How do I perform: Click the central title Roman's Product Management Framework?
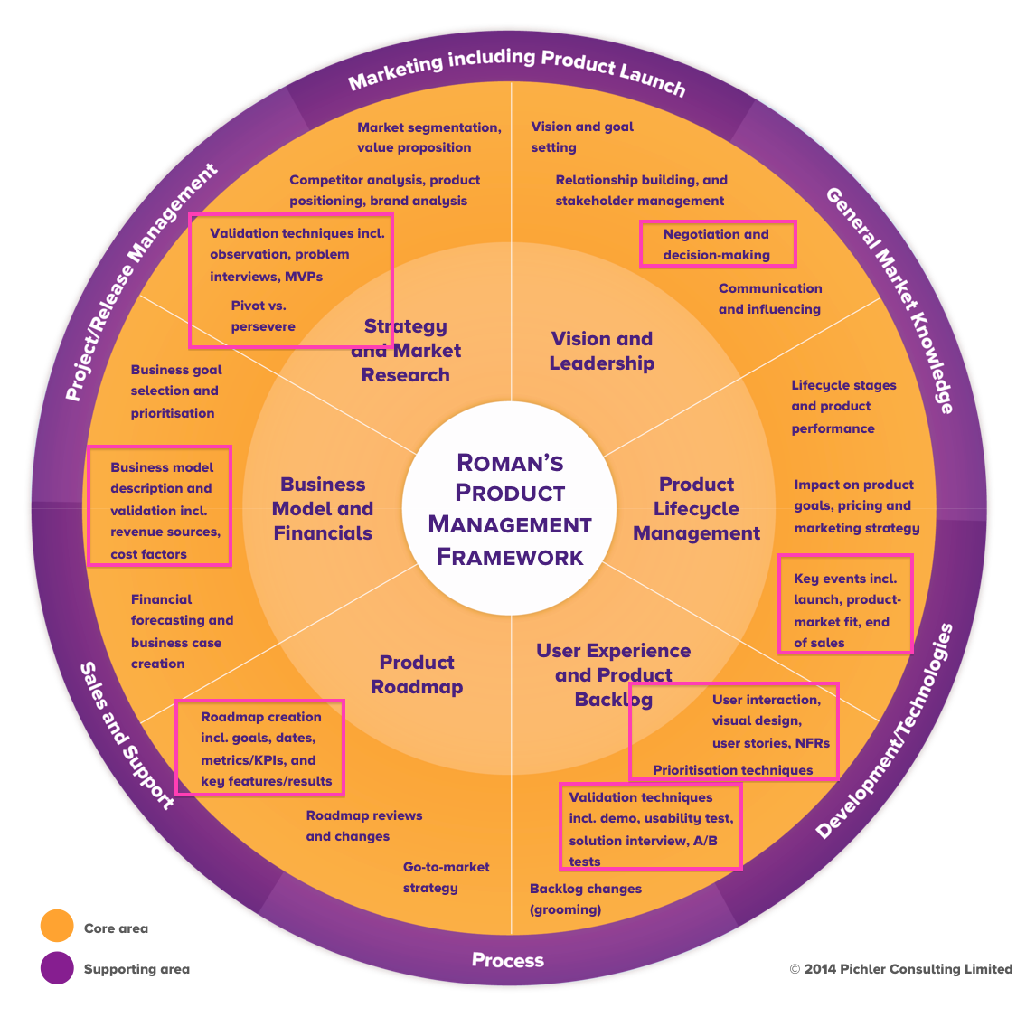[x=510, y=510]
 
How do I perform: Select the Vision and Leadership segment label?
[x=602, y=351]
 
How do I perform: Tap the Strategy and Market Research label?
[x=406, y=351]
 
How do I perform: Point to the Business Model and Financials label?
[x=323, y=509]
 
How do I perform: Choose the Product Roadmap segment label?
[x=417, y=674]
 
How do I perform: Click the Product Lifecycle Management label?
[x=696, y=509]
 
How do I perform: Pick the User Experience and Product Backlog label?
[x=613, y=674]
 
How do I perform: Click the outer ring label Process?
[x=508, y=960]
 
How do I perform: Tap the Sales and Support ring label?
[x=127, y=734]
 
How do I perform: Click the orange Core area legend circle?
[x=57, y=927]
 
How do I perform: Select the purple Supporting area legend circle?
[x=57, y=967]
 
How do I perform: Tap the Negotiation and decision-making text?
[x=717, y=244]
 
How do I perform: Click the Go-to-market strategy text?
[x=446, y=877]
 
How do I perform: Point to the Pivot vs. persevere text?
[x=263, y=315]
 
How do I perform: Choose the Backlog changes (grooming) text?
[x=585, y=899]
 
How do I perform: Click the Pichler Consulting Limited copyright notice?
[x=900, y=969]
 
